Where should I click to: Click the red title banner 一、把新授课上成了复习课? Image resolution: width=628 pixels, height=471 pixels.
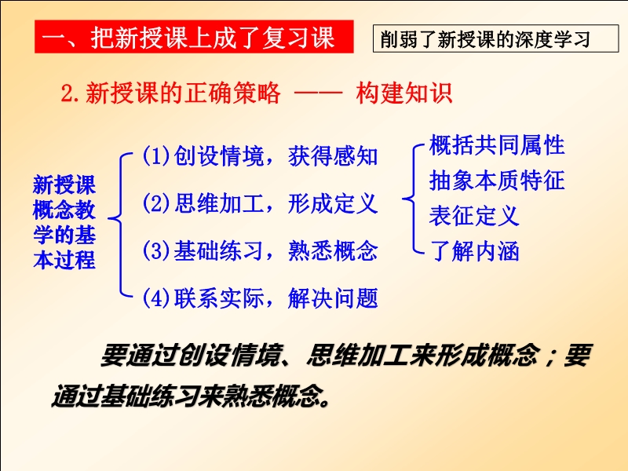pyautogui.click(x=194, y=37)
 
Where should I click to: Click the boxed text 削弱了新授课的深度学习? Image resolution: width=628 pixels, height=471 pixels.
pyautogui.click(x=495, y=38)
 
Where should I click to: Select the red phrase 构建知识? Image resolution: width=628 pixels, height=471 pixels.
pyautogui.click(x=404, y=93)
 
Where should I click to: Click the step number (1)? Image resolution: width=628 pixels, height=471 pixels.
pyautogui.click(x=156, y=155)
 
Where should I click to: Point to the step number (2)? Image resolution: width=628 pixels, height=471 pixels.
pyautogui.click(x=156, y=203)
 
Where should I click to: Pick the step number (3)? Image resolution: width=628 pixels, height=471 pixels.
pyautogui.click(x=156, y=250)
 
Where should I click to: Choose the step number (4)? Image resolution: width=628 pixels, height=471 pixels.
pyautogui.click(x=156, y=298)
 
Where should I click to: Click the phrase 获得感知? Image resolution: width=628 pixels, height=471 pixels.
pyautogui.click(x=333, y=155)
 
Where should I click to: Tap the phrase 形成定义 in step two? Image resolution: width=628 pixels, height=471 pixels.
pyautogui.click(x=333, y=203)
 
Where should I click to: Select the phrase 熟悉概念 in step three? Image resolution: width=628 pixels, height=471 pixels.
pyautogui.click(x=333, y=250)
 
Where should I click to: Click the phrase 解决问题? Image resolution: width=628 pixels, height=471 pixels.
pyautogui.click(x=333, y=298)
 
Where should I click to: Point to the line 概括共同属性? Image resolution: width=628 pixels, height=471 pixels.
pyautogui.click(x=497, y=144)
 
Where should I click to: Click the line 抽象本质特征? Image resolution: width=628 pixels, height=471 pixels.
pyautogui.click(x=497, y=181)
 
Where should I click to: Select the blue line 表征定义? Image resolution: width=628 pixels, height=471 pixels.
pyautogui.click(x=474, y=215)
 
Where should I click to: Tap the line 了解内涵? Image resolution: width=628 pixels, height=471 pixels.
pyautogui.click(x=474, y=251)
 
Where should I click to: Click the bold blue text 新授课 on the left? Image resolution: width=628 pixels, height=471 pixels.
pyautogui.click(x=64, y=184)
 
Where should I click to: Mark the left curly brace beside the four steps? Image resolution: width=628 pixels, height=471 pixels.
pyautogui.click(x=121, y=219)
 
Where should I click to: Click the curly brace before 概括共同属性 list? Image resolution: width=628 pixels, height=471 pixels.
pyautogui.click(x=413, y=198)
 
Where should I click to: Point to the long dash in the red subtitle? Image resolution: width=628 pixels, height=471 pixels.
pyautogui.click(x=319, y=93)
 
